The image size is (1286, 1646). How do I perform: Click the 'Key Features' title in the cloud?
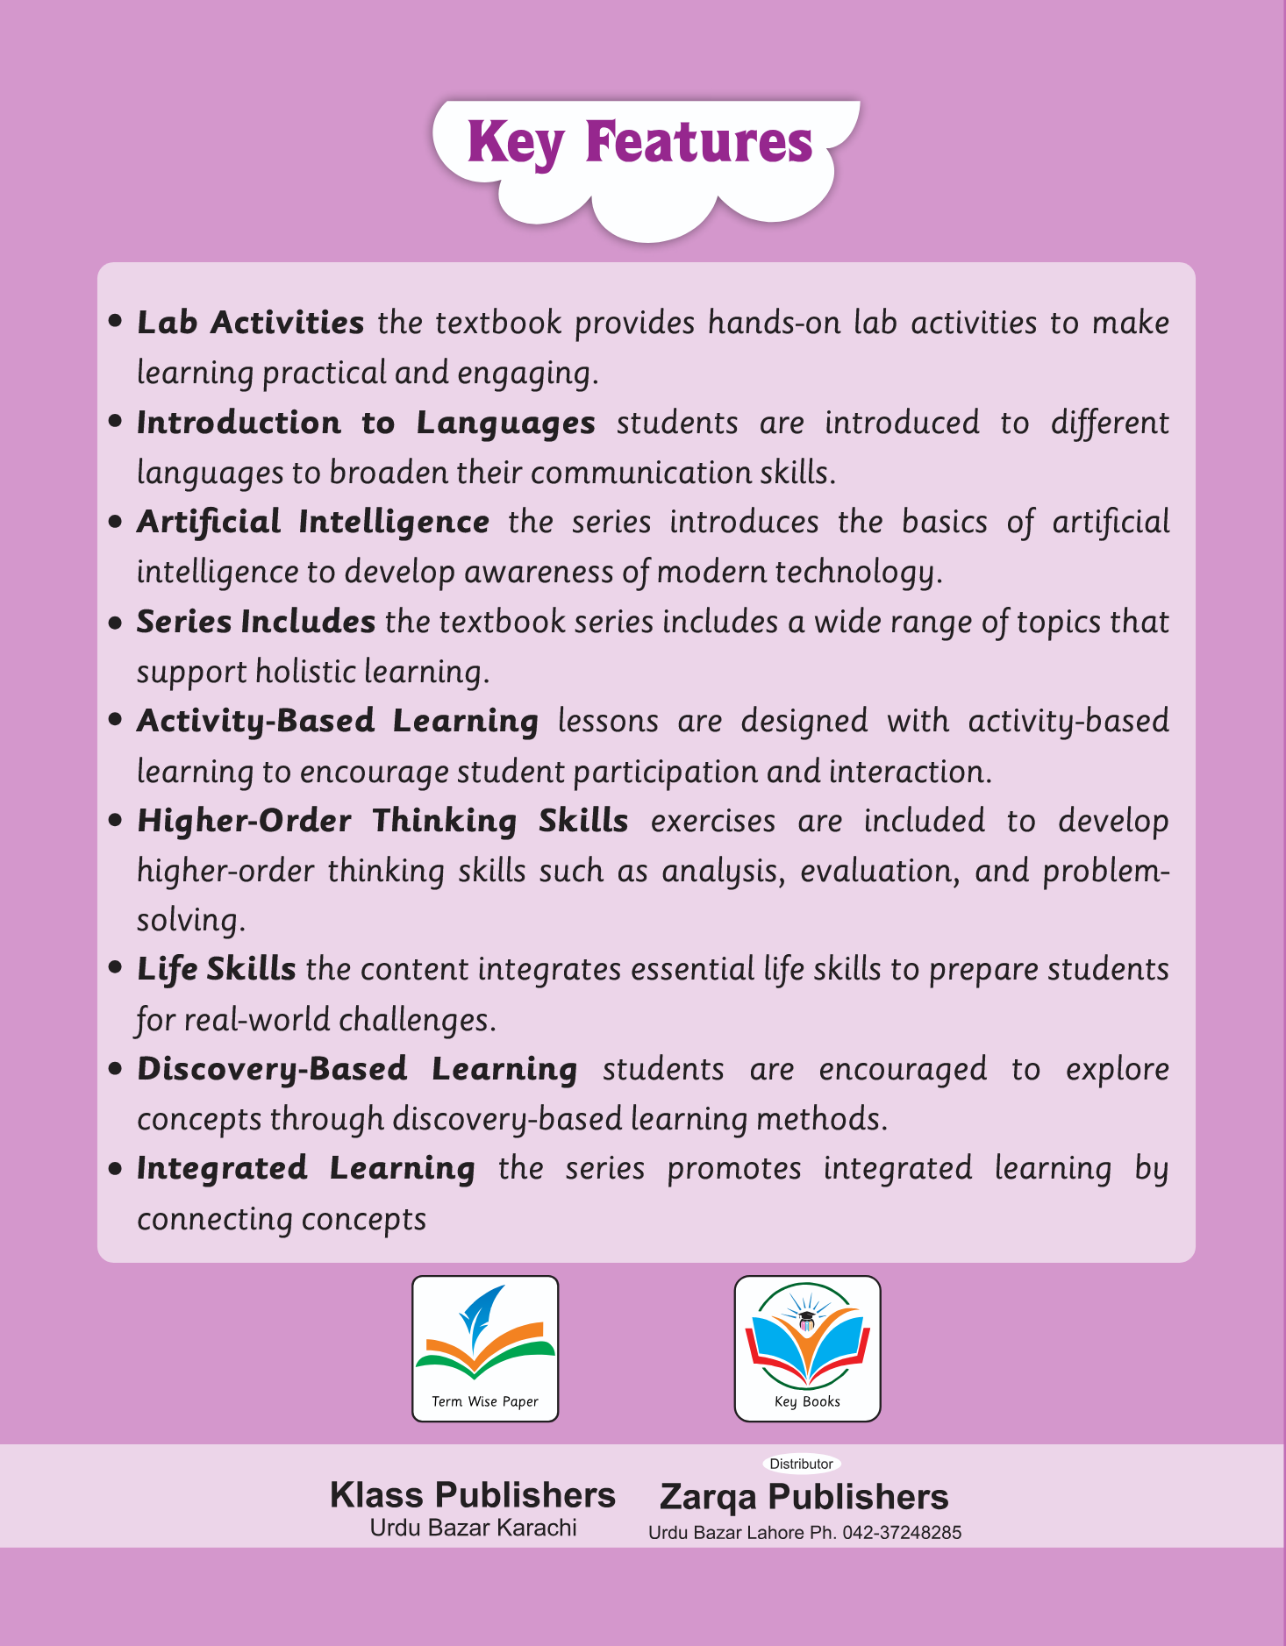(x=639, y=143)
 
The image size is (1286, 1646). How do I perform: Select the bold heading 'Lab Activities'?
(x=250, y=323)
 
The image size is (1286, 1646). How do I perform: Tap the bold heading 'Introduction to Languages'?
(x=366, y=423)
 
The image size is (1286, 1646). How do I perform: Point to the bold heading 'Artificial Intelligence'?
(x=312, y=522)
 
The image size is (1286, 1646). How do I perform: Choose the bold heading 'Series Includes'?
(x=255, y=622)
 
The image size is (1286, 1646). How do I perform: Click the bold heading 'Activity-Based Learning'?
(x=337, y=721)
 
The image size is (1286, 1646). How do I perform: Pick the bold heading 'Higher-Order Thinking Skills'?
(x=382, y=821)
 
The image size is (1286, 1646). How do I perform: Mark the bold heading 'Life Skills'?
(x=216, y=969)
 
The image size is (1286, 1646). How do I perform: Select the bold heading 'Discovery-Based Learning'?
(x=357, y=1069)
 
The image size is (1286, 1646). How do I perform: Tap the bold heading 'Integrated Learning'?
(x=305, y=1168)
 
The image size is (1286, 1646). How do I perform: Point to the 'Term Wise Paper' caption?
(x=485, y=1401)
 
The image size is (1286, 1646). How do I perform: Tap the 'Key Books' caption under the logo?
(x=807, y=1401)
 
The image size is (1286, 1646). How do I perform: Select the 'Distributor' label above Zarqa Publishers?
(x=801, y=1464)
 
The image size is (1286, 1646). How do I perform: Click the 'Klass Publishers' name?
(x=473, y=1495)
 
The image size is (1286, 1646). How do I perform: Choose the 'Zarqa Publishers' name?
(x=804, y=1497)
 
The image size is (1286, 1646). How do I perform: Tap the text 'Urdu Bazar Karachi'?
(x=473, y=1528)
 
